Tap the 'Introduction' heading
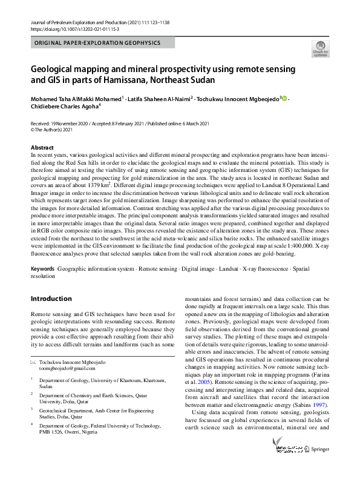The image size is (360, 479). [51, 299]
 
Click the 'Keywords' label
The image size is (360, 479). [42, 268]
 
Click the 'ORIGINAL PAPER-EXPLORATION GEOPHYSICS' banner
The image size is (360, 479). [97, 44]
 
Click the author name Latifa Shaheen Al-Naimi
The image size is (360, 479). [159, 99]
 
